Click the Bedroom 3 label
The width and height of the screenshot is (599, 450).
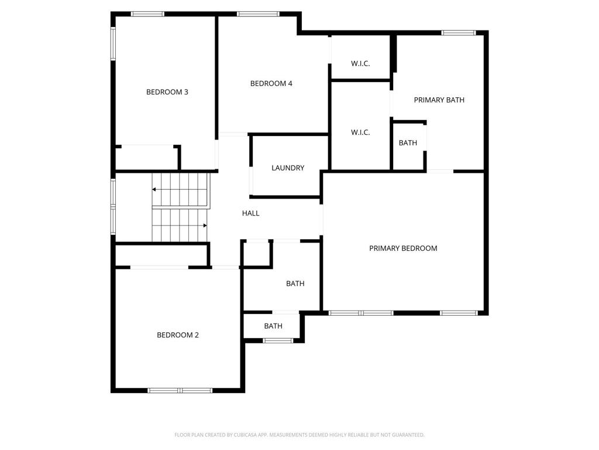point(167,92)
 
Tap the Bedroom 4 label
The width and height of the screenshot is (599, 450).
point(271,83)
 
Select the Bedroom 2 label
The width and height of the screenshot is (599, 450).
point(178,335)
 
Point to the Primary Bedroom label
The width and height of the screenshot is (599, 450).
point(403,248)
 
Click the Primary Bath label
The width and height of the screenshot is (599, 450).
point(439,100)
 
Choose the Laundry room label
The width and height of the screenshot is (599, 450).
point(288,168)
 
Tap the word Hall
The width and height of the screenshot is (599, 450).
point(250,213)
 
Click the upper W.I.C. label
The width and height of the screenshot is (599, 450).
point(360,63)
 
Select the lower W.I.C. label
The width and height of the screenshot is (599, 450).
point(360,132)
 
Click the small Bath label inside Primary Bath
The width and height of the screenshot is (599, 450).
point(408,143)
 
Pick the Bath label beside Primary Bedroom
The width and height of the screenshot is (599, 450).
point(295,284)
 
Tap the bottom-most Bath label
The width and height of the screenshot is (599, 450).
point(273,326)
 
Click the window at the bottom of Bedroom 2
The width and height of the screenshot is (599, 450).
point(180,390)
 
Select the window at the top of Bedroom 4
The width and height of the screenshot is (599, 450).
point(258,14)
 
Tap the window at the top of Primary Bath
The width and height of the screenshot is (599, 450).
point(459,33)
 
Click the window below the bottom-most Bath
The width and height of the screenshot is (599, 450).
point(278,340)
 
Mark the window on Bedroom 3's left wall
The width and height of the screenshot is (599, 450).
point(113,43)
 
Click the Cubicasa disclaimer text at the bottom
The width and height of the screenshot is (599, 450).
point(299,435)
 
